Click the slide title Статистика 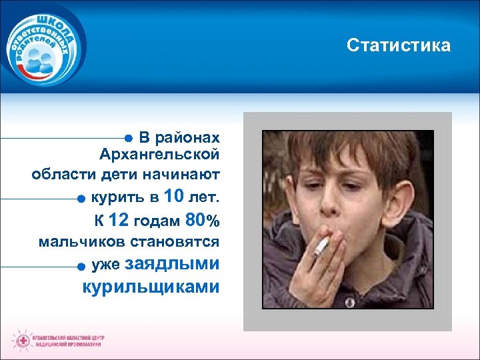click(x=398, y=45)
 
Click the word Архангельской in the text click(x=159, y=155)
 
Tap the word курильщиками click(x=151, y=287)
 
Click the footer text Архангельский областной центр click(x=69, y=337)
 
